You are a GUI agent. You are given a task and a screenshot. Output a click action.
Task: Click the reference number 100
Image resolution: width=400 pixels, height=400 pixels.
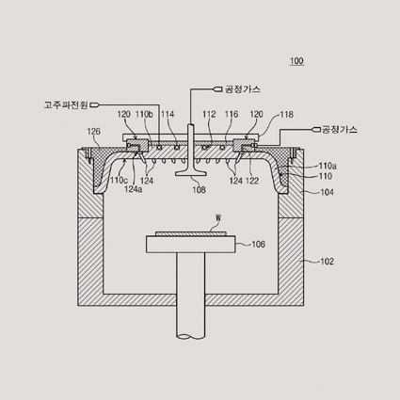point(296,60)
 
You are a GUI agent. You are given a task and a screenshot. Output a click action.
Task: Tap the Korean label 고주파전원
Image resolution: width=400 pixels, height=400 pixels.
point(66,104)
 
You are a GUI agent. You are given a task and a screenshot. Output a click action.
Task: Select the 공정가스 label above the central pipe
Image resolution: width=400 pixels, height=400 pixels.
point(242,89)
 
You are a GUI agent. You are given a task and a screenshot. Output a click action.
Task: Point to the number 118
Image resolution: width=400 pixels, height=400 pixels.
point(286,115)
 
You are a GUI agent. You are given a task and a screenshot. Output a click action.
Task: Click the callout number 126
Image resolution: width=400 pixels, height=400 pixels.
point(93,132)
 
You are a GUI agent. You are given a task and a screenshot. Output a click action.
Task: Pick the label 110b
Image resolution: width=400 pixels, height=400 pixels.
point(144,115)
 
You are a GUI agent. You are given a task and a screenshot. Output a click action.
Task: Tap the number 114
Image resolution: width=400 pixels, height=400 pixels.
point(168,115)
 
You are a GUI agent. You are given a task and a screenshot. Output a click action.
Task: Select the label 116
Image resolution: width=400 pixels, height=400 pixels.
point(232,115)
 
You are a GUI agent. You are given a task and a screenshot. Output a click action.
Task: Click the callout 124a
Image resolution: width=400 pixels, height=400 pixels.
point(134,189)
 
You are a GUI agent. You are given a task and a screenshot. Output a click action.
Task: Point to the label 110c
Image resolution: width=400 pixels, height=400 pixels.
point(119,180)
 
